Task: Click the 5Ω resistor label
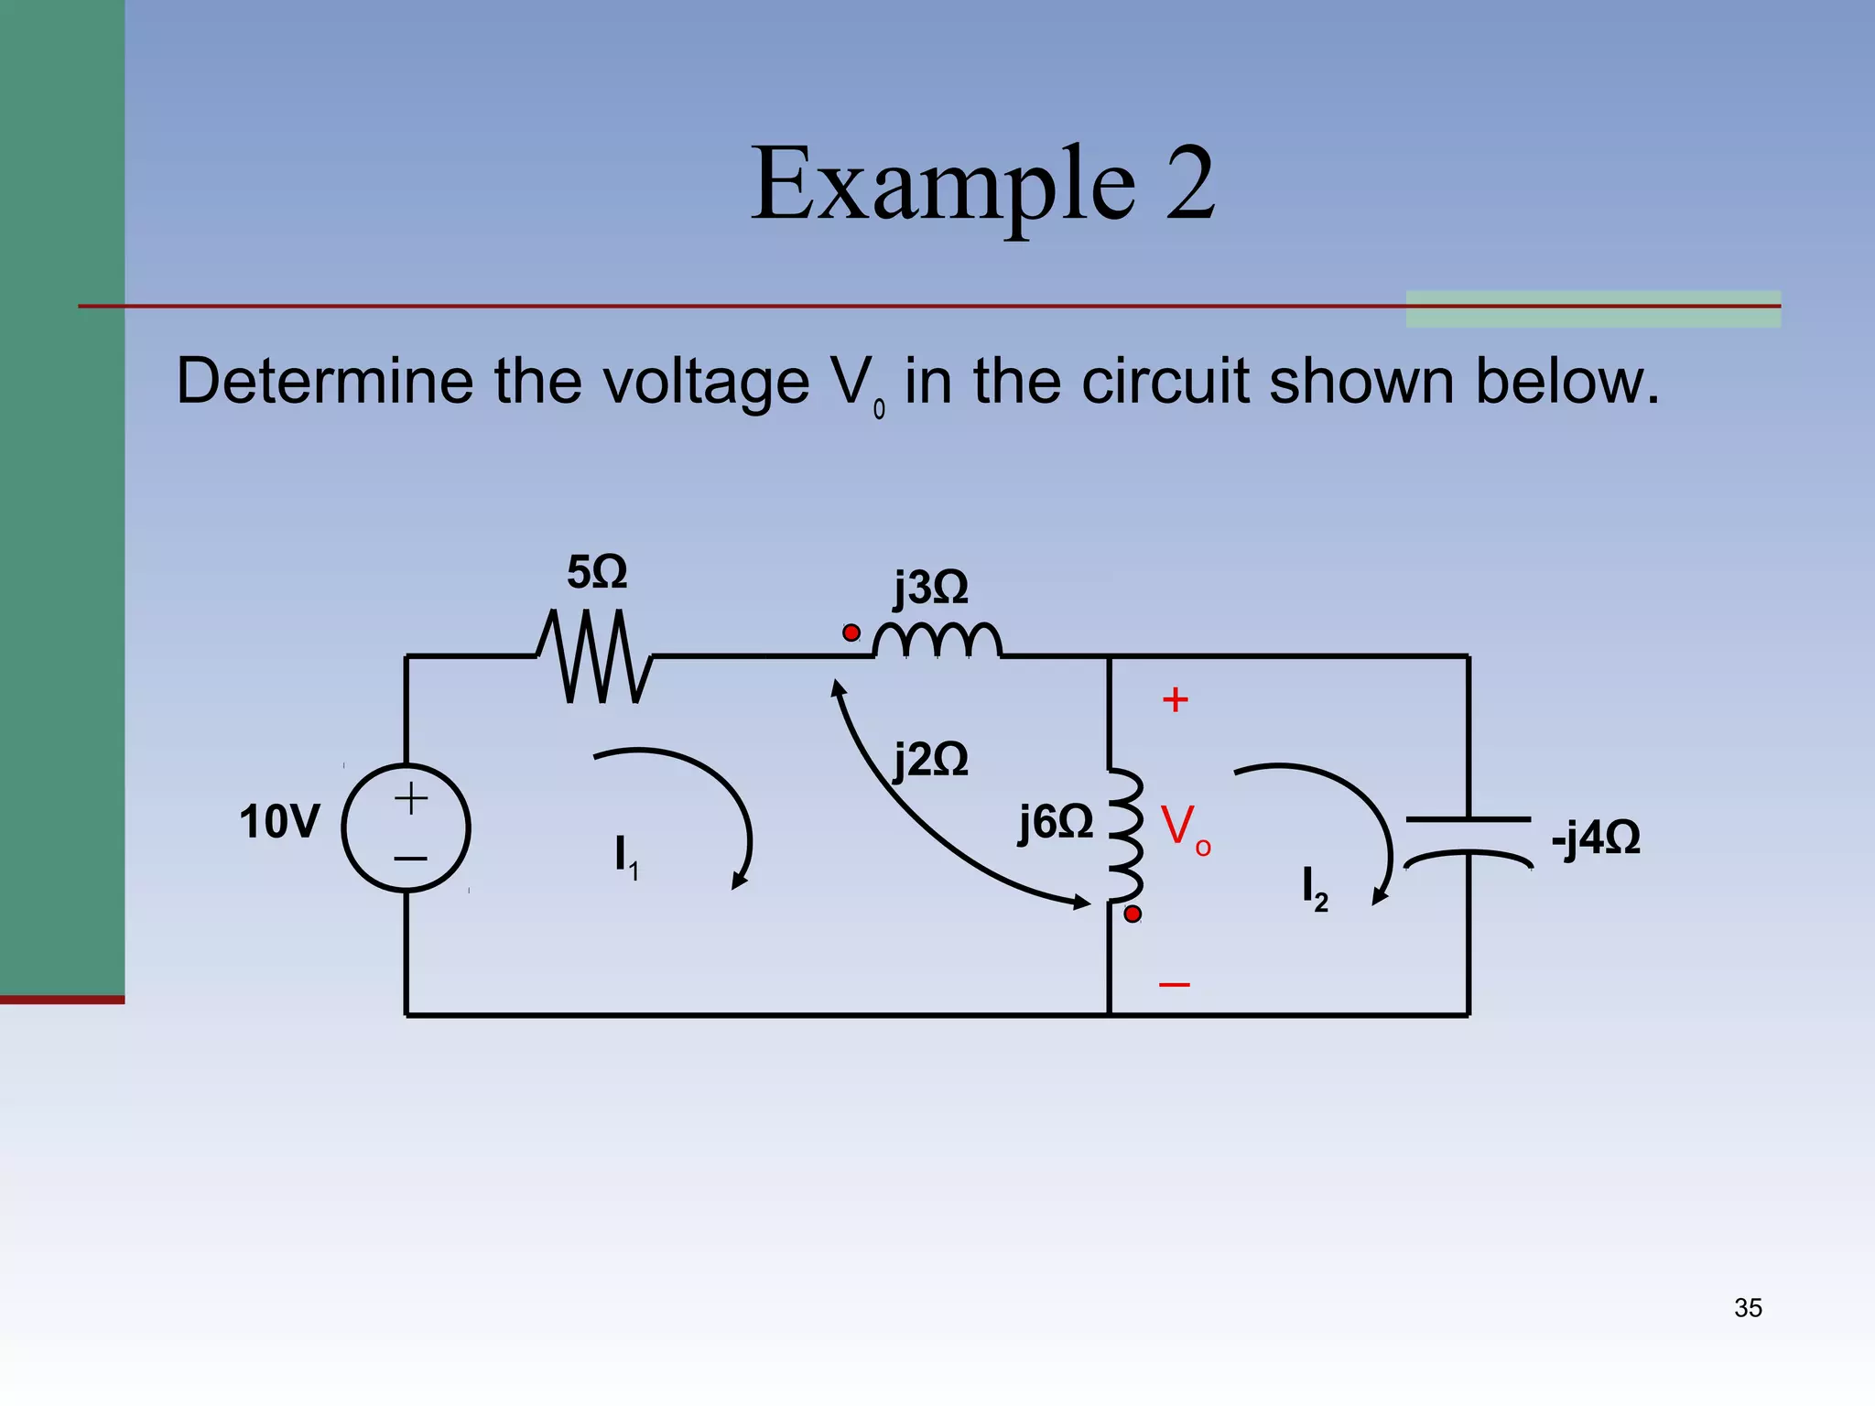[597, 573]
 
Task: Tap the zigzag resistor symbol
[595, 656]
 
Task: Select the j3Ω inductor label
[931, 588]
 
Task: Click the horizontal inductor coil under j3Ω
[937, 641]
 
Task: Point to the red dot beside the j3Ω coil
[851, 633]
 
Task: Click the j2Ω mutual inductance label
[931, 760]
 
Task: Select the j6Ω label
[1056, 822]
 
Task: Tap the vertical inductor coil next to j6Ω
[1126, 836]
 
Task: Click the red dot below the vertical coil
[1133, 914]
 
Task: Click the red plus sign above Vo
[1175, 700]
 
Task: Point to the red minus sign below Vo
[1174, 985]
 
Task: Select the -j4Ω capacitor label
[1595, 838]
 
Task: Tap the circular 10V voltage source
[406, 827]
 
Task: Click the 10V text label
[279, 822]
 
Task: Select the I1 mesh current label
[626, 857]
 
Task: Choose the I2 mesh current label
[1314, 889]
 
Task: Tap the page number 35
[1747, 1308]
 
